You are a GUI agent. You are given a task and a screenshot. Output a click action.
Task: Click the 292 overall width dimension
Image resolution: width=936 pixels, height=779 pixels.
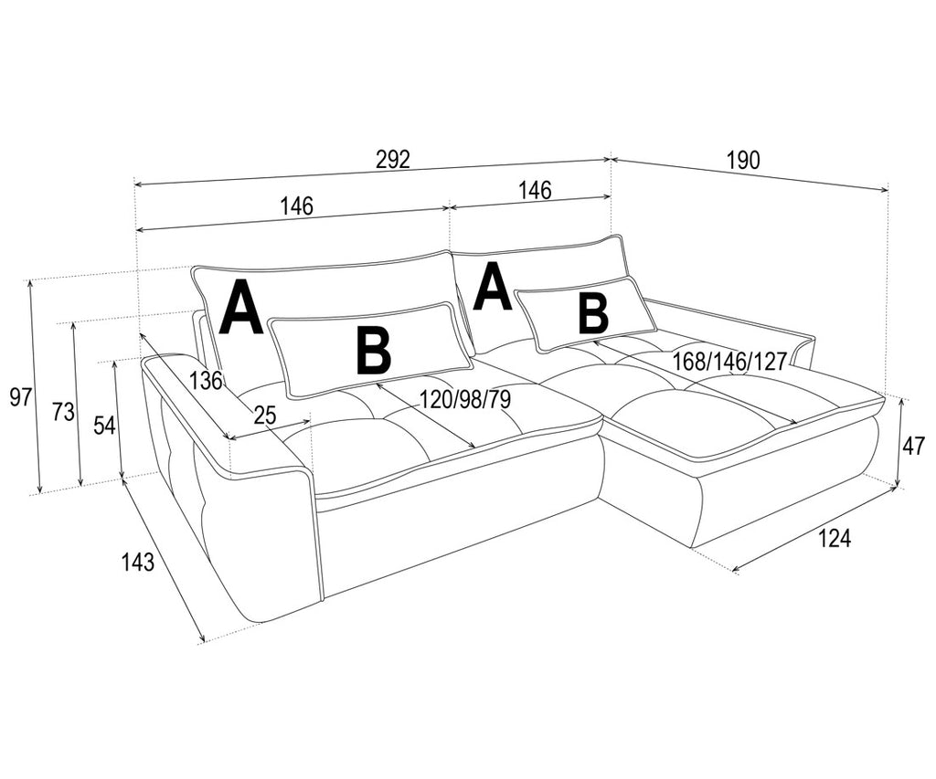point(393,159)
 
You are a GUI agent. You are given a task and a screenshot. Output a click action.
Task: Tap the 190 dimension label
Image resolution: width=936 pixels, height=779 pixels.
point(744,160)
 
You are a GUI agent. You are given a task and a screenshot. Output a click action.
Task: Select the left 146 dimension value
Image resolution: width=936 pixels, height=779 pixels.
point(297,205)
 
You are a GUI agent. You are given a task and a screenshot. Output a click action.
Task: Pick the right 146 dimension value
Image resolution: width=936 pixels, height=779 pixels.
point(535,190)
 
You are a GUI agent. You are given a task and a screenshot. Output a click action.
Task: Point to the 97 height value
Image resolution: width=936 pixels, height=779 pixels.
point(21,396)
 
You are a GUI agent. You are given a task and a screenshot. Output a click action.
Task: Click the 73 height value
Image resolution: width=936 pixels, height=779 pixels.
point(63,412)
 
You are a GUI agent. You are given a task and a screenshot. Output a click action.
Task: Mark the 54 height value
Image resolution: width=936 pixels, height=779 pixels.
point(104,425)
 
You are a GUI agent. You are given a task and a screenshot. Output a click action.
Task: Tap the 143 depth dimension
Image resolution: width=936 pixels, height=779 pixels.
point(139,562)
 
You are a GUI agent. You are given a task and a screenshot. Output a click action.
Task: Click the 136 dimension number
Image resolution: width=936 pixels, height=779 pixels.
point(207,380)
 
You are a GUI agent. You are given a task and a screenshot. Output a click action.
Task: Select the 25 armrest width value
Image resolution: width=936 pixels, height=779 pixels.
point(265,416)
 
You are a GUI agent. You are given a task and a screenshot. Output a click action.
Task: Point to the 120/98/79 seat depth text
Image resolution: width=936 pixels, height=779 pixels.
point(465,399)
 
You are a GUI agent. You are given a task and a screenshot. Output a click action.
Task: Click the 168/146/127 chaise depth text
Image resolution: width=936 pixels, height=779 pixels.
point(730,362)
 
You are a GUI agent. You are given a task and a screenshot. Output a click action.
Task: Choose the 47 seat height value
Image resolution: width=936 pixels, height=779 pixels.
point(913,446)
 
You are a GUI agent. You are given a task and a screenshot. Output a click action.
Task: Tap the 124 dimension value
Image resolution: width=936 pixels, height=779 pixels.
point(834,538)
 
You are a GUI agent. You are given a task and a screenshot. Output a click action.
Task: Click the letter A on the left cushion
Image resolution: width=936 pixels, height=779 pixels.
point(240,307)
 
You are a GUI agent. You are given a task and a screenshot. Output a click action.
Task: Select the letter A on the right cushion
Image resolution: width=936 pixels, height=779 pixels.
point(493,288)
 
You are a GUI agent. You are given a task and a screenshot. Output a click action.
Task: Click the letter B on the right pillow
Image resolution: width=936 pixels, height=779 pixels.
point(593,314)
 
